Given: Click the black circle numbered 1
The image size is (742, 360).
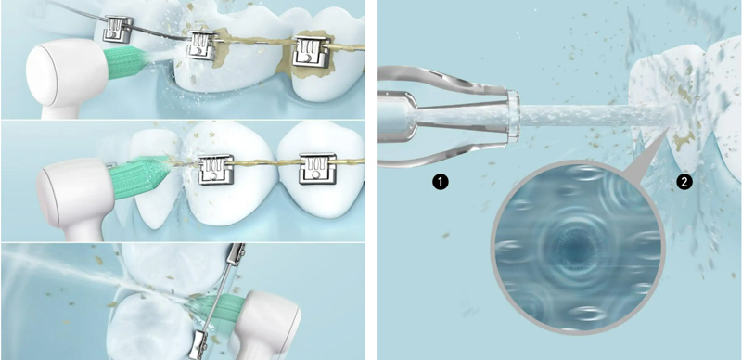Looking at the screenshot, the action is [x=441, y=182].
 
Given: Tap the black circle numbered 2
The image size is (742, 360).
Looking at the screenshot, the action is [x=684, y=182].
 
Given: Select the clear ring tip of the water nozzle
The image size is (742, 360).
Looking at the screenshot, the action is [x=513, y=116].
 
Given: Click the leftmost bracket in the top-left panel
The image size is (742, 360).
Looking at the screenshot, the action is [x=118, y=29].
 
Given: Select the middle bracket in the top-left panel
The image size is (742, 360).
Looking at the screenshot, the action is [x=202, y=45].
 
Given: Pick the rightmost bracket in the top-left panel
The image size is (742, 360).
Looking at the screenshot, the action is [x=311, y=51].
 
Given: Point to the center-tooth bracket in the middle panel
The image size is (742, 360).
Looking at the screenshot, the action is [x=215, y=169].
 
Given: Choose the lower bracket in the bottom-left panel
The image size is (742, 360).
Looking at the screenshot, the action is [x=198, y=344].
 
